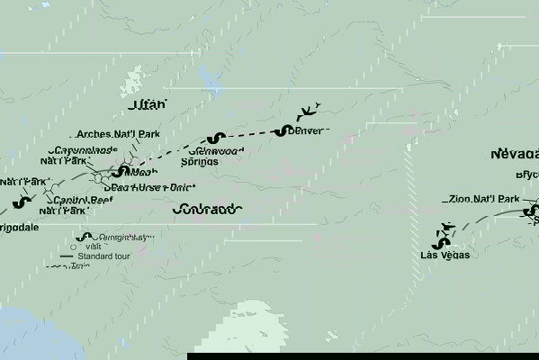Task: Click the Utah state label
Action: tap(148, 105)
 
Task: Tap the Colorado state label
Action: tap(206, 209)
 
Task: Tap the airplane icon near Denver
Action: tap(309, 112)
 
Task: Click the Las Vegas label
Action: tap(445, 255)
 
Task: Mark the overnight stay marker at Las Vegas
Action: tap(440, 242)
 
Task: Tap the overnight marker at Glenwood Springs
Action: tap(213, 139)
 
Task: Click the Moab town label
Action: tap(143, 172)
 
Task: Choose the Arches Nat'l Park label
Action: tap(118, 134)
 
